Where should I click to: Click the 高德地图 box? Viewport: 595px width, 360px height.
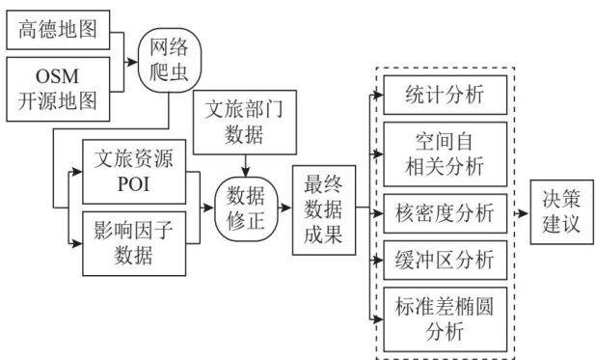click(x=58, y=30)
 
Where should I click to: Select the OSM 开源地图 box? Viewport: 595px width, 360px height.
click(x=58, y=89)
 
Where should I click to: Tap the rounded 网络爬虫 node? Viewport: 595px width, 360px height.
click(x=169, y=60)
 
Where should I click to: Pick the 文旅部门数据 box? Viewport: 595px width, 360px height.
click(x=245, y=123)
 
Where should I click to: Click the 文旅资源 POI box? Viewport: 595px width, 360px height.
click(x=134, y=172)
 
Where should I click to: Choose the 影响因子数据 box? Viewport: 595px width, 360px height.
click(x=134, y=243)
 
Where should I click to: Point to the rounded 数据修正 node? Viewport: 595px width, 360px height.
click(x=246, y=208)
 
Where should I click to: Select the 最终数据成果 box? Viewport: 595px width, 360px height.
click(x=324, y=210)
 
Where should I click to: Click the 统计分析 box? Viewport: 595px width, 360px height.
click(x=446, y=95)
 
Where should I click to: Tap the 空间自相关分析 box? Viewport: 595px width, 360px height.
click(x=446, y=154)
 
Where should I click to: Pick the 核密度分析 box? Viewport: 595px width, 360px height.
click(x=446, y=213)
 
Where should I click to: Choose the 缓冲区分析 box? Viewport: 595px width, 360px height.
click(x=446, y=261)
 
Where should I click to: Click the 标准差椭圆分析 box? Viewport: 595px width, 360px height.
click(x=446, y=319)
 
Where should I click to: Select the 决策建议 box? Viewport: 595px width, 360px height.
click(x=561, y=212)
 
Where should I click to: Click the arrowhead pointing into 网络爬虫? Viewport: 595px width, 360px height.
click(x=132, y=62)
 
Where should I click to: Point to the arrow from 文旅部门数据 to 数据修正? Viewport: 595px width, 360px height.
click(x=246, y=166)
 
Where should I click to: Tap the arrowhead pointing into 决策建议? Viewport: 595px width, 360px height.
click(x=524, y=213)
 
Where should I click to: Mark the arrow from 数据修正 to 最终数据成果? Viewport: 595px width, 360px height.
click(x=285, y=208)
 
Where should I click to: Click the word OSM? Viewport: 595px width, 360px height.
click(x=57, y=76)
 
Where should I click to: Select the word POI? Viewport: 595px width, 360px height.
click(x=134, y=184)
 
